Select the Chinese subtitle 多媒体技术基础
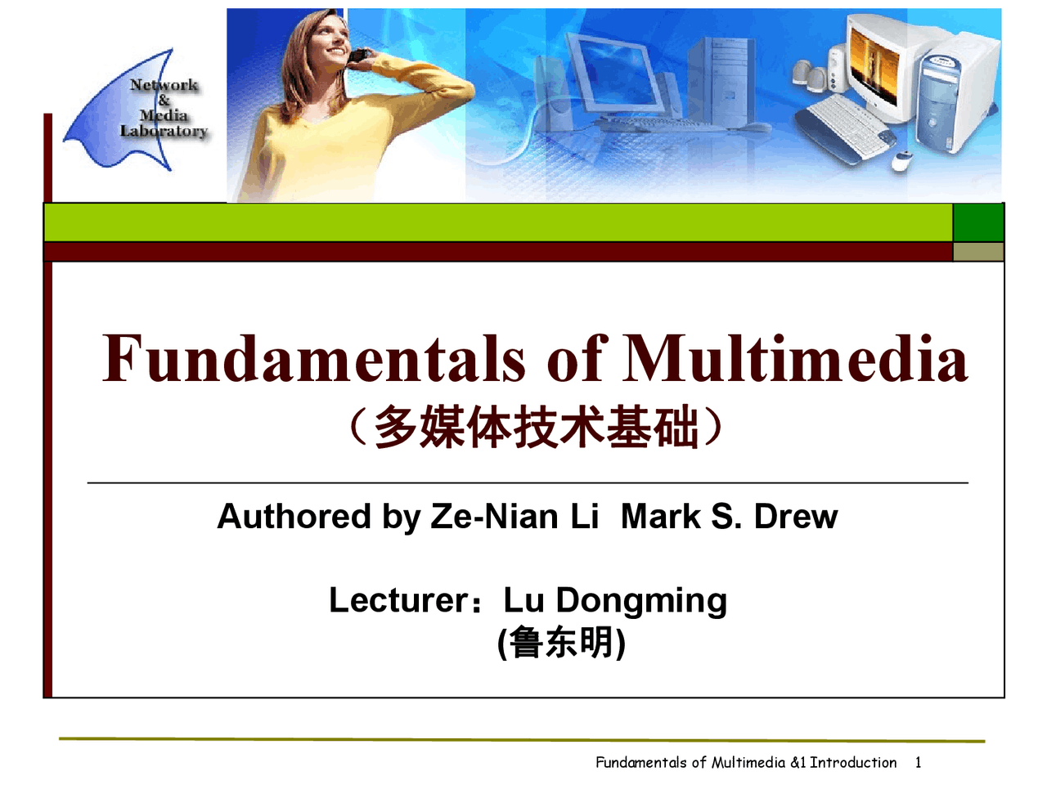(x=536, y=428)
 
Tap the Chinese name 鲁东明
(x=562, y=643)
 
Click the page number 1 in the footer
(x=918, y=762)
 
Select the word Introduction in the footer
(x=853, y=762)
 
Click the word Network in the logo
(x=164, y=85)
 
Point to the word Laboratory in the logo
(x=164, y=131)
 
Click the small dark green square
(x=978, y=222)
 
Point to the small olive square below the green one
(x=978, y=251)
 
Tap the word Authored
(x=294, y=517)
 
